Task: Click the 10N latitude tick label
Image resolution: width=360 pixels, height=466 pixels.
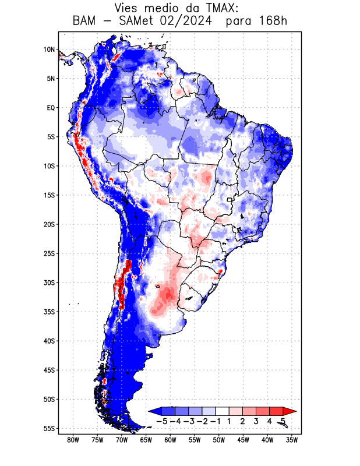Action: (x=49, y=50)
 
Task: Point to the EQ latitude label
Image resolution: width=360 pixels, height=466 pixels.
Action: (x=50, y=108)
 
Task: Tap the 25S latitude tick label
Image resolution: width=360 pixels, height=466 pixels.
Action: (x=49, y=253)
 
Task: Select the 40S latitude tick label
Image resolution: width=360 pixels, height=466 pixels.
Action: (x=49, y=341)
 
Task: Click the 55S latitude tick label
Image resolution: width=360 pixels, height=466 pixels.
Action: (x=49, y=428)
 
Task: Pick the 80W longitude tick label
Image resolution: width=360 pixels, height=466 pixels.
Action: (x=73, y=440)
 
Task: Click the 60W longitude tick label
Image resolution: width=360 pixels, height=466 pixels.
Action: (x=170, y=440)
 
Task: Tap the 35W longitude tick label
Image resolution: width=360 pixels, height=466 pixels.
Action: (x=292, y=440)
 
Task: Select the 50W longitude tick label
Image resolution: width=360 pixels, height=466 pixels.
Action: (x=219, y=440)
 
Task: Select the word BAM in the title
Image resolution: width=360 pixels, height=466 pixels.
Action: (x=84, y=22)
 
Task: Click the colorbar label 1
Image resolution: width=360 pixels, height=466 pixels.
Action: (x=229, y=421)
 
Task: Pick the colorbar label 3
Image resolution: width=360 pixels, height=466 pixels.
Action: (x=256, y=421)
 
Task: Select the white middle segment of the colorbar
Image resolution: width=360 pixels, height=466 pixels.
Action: (x=222, y=411)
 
